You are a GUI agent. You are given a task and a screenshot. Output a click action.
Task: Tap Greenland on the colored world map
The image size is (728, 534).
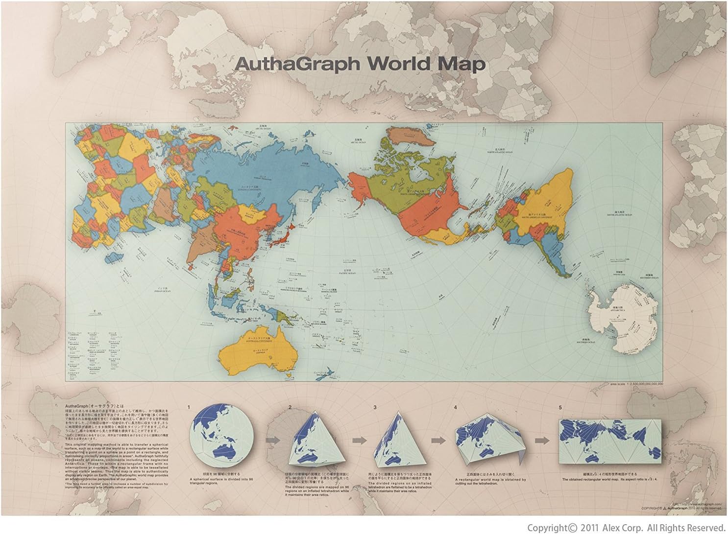coord(411,137)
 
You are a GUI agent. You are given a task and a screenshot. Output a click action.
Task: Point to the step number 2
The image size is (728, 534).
coord(290,407)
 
